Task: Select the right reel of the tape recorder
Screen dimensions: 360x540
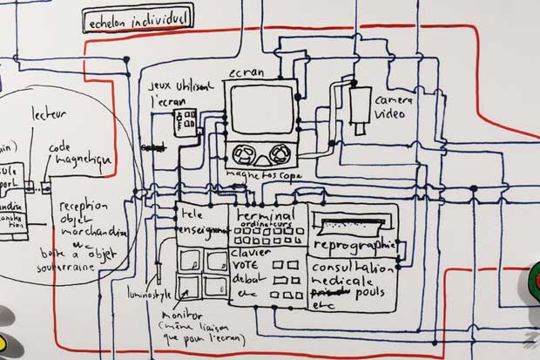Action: (x=280, y=156)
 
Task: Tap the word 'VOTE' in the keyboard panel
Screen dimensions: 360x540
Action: (x=248, y=263)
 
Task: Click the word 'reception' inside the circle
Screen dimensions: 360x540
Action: (x=83, y=206)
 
